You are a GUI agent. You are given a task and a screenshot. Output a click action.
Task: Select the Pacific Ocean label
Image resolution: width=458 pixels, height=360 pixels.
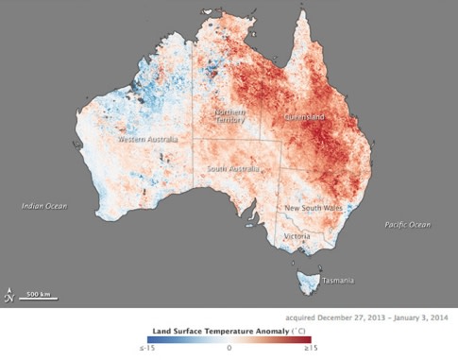[x=407, y=224]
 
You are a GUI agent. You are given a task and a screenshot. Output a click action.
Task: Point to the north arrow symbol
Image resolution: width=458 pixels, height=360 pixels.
[x=9, y=295]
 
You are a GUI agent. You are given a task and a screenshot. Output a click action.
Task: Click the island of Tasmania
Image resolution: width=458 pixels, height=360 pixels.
[x=308, y=281]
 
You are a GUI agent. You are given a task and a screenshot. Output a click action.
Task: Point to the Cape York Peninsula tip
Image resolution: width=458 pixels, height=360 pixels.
[x=302, y=13]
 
